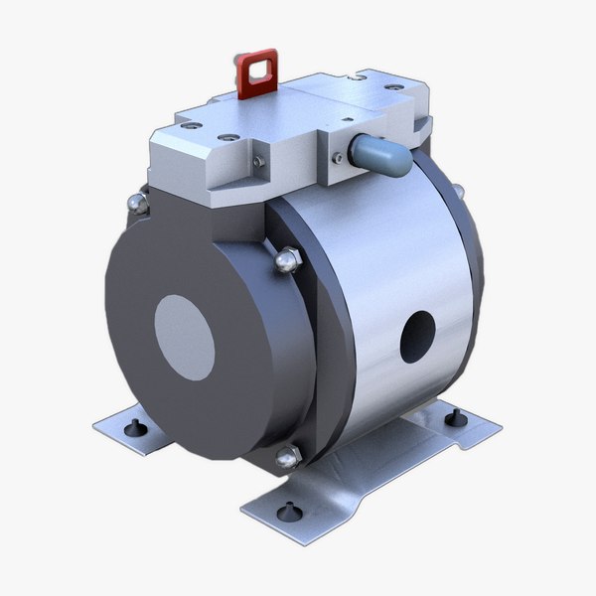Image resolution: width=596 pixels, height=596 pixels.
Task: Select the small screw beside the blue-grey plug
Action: [341, 156]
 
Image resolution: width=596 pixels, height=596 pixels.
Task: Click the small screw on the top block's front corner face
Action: [258, 161]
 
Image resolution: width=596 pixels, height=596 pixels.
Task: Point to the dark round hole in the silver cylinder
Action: [416, 335]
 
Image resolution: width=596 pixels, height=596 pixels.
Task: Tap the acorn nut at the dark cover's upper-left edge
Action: [140, 204]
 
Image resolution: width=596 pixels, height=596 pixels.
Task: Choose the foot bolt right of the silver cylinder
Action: [456, 418]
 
